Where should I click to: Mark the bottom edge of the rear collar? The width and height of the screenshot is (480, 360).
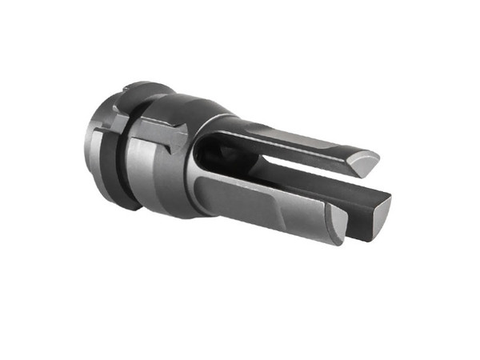[120, 205]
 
